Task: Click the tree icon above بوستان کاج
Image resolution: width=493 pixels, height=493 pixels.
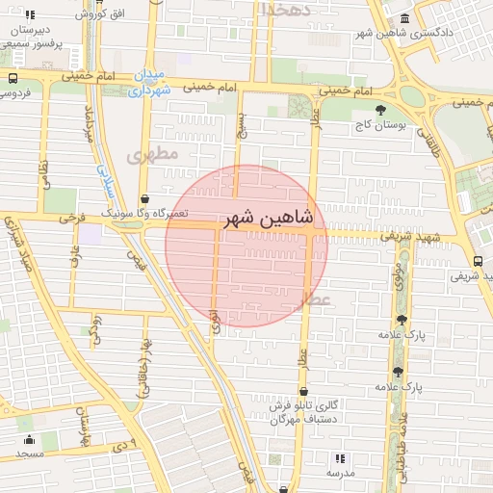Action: pos(381,109)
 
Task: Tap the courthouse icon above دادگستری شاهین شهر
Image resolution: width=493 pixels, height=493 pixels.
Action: pos(402,18)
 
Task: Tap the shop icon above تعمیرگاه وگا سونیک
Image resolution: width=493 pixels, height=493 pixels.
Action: pos(144,199)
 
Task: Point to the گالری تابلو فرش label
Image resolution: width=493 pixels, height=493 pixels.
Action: pos(299,406)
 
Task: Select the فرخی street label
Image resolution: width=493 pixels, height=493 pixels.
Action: pos(65,218)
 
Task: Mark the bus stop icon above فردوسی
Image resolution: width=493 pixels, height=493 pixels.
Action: pos(13,78)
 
